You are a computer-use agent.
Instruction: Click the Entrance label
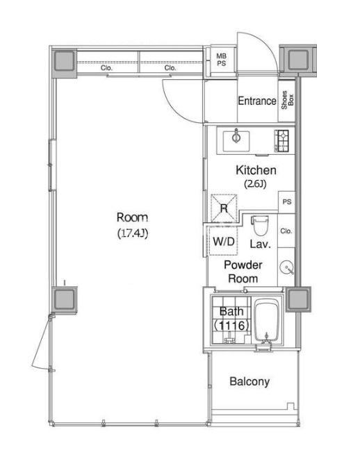coord(257,101)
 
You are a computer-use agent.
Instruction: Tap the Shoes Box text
coord(288,100)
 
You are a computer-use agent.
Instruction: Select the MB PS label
coord(222,60)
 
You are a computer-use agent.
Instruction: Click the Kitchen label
coord(256,170)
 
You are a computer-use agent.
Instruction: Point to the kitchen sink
coord(236,141)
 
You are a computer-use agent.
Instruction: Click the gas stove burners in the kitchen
coord(281,141)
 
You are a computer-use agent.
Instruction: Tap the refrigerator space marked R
coord(224,208)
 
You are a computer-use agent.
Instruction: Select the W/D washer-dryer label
coord(224,242)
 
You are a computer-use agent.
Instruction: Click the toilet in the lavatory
coord(260,225)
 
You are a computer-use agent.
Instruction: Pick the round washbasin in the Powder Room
coord(286,267)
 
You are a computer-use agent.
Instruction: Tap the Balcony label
coord(249,381)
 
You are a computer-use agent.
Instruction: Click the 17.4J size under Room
coord(133,233)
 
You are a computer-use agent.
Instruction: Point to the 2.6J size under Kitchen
coord(255,183)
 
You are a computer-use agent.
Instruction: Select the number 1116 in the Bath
coord(231,325)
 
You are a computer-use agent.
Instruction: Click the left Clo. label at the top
coord(106,68)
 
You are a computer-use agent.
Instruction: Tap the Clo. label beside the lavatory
coord(286,231)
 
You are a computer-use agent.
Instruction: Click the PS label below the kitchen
coord(287,201)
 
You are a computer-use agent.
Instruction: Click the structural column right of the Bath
coord(298,299)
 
